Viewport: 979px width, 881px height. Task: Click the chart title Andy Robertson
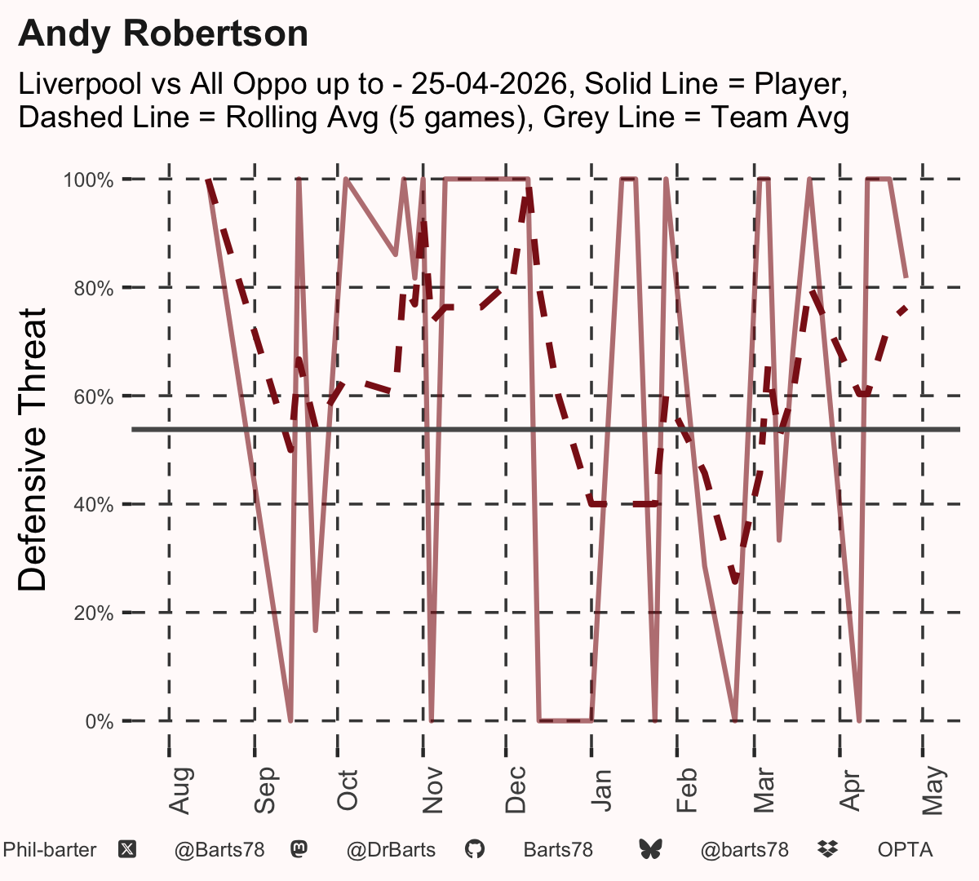tap(163, 34)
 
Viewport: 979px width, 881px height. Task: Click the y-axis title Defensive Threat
tap(32, 449)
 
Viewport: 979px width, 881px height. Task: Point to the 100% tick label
tap(88, 180)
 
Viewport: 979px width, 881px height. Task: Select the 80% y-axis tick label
tap(94, 289)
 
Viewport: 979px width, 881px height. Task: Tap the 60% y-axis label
tap(94, 396)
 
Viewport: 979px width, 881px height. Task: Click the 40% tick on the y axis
tap(94, 505)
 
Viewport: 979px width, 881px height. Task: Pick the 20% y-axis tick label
tap(94, 613)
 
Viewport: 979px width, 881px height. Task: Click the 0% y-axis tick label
tap(100, 721)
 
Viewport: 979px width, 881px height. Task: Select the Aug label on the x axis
tap(179, 790)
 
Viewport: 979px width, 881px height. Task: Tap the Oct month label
tap(348, 790)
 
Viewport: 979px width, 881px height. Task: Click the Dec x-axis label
tap(516, 790)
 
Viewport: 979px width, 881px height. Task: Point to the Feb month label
tap(687, 790)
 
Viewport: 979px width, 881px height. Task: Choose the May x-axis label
tap(933, 790)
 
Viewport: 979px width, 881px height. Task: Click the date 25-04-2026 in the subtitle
tap(489, 84)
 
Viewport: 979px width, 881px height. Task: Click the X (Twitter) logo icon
tap(127, 850)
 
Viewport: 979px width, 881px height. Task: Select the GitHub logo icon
tap(475, 849)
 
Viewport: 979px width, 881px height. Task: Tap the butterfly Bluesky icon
tap(650, 849)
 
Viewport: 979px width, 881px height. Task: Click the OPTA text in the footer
tap(906, 850)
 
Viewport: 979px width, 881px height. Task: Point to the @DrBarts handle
tap(391, 850)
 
